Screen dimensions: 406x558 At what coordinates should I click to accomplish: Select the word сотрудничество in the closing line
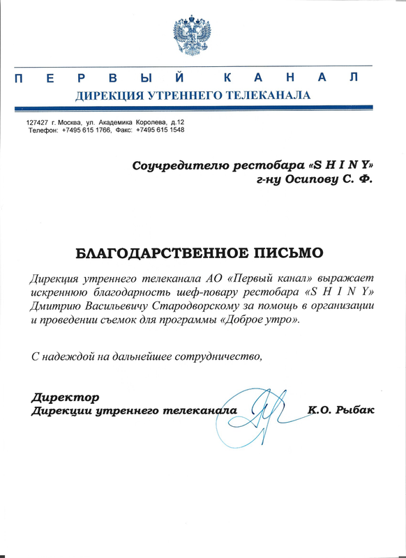[x=220, y=357]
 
